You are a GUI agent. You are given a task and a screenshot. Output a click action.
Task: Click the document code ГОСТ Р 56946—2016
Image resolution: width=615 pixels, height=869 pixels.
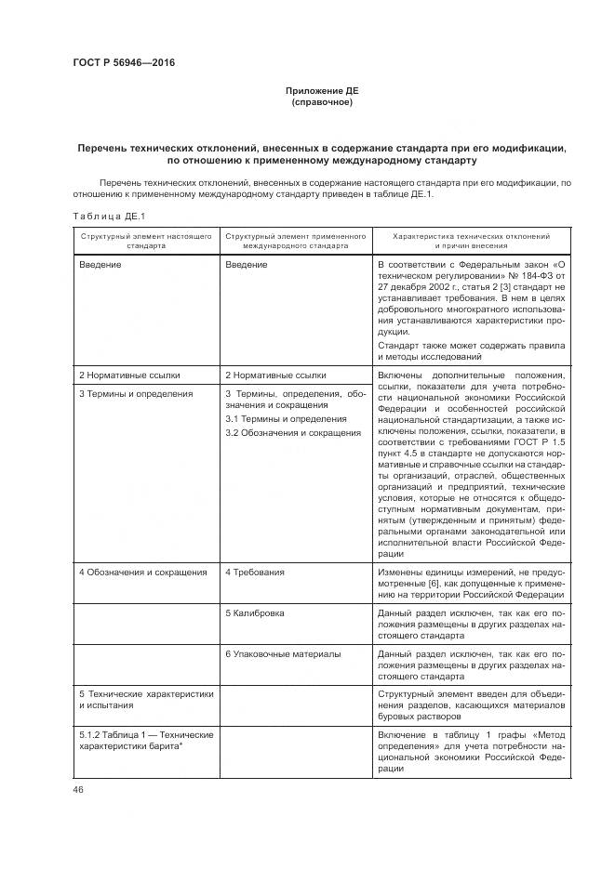[x=123, y=63]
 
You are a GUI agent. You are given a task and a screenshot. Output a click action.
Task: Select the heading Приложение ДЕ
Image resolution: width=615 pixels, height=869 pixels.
[x=321, y=91]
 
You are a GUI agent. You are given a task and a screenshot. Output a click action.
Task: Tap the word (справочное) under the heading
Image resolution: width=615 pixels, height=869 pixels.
[x=321, y=102]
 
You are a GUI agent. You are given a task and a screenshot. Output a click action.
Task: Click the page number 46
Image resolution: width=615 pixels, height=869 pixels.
[x=78, y=789]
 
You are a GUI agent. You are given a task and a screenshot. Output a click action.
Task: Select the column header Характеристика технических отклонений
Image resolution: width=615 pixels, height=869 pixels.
[x=471, y=237]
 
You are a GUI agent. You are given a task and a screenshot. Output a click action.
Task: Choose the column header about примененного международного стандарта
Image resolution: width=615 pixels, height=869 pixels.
[x=296, y=242]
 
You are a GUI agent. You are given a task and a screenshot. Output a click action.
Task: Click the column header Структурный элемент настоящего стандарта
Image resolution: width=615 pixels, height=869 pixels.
[x=146, y=242]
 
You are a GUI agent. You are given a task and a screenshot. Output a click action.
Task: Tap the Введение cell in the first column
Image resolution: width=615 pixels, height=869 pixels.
[x=100, y=265]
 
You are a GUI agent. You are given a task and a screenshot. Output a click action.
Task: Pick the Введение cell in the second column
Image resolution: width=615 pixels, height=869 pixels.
[x=247, y=265]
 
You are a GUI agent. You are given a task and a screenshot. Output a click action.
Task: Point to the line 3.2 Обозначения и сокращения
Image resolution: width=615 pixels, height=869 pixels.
[x=293, y=433]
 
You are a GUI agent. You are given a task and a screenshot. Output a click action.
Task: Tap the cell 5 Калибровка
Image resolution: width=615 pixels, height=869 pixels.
[x=255, y=613]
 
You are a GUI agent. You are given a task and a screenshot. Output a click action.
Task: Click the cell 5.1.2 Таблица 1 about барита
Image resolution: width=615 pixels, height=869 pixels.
[x=146, y=741]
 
